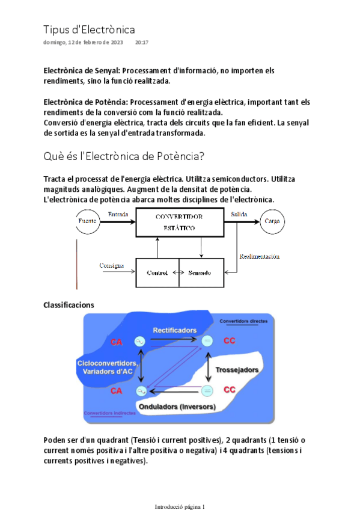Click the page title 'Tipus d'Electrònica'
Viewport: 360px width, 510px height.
click(89, 29)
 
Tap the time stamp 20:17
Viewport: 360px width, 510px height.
click(142, 43)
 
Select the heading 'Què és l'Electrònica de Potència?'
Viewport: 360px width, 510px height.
click(124, 156)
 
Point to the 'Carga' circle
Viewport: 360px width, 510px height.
click(272, 221)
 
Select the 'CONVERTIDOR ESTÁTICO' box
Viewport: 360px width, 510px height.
click(179, 222)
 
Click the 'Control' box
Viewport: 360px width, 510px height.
click(157, 272)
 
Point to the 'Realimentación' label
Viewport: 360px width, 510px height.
click(259, 256)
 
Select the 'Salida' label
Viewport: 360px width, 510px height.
click(239, 214)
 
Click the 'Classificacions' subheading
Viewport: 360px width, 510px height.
click(69, 305)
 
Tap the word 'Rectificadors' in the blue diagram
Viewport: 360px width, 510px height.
click(174, 330)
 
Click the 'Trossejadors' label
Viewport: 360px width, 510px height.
click(237, 369)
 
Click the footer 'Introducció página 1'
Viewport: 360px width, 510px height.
click(180, 506)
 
